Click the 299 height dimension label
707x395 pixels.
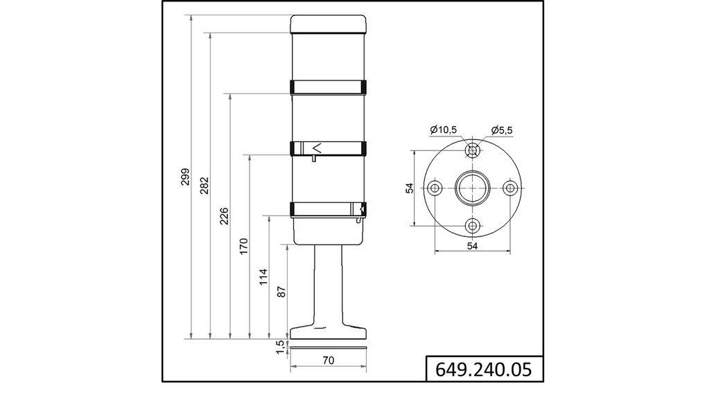[x=184, y=178]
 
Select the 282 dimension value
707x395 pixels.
[x=204, y=186]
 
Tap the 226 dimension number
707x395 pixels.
[x=223, y=216]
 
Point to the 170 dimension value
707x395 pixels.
[x=243, y=247]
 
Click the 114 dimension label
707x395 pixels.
[x=262, y=277]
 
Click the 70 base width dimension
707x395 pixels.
[x=328, y=360]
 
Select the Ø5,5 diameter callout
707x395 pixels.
[x=502, y=130]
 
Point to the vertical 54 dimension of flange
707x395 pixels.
[x=409, y=188]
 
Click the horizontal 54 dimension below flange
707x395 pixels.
[x=472, y=246]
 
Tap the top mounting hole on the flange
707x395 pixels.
[x=473, y=150]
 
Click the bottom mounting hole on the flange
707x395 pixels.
[x=473, y=225]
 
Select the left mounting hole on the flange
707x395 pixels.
[x=435, y=188]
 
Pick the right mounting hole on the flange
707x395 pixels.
[x=510, y=188]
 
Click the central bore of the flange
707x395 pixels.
[x=473, y=188]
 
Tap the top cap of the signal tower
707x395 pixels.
[x=328, y=24]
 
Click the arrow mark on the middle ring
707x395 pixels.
[x=317, y=148]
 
